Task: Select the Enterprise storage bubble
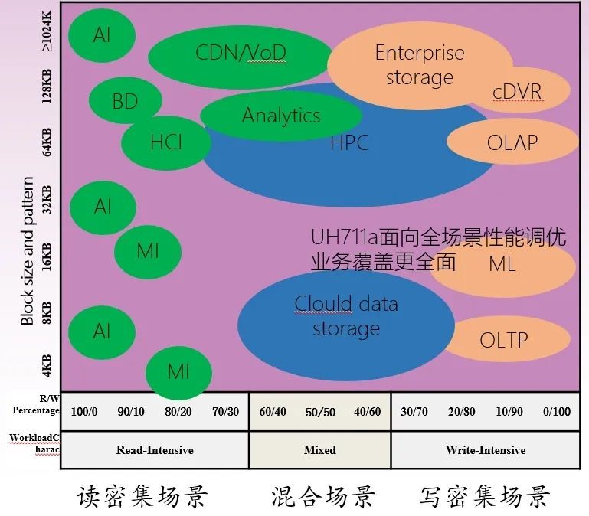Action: coord(419,64)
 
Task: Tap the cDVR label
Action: coord(517,92)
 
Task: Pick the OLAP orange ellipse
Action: coord(512,142)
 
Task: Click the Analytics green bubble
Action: coord(280,116)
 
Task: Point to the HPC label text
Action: coord(349,142)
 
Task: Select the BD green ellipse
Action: coord(125,101)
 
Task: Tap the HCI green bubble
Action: coord(166,142)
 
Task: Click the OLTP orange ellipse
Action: coord(503,339)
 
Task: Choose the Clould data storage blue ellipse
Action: coord(345,316)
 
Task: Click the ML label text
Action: coord(502,265)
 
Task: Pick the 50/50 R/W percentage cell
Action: coord(319,412)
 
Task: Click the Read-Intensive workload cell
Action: coord(154,450)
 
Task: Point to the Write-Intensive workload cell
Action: coord(486,450)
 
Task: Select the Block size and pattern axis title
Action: coord(28,251)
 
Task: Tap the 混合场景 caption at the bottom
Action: coord(323,498)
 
